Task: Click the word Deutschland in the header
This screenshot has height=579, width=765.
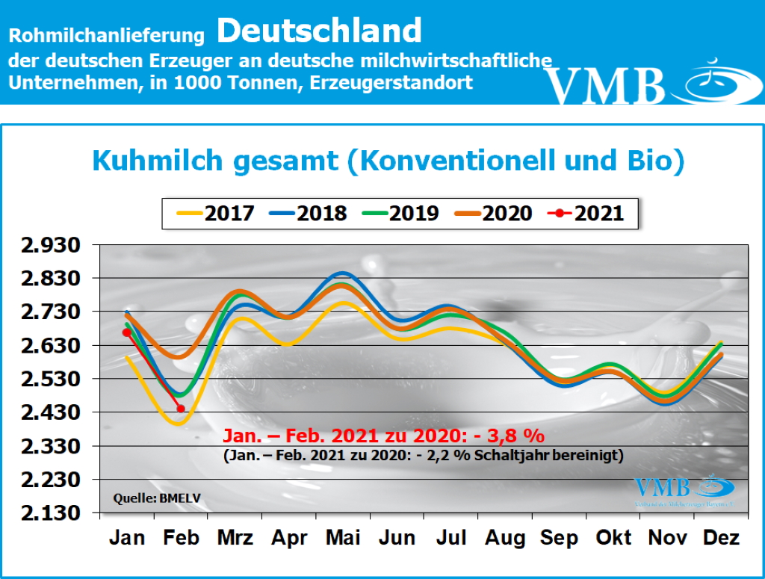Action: [320, 31]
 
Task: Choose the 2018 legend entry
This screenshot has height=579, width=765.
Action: [307, 213]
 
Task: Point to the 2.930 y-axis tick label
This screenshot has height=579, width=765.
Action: [53, 245]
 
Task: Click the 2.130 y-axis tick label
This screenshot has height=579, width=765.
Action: [53, 513]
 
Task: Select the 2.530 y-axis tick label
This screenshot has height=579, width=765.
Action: [53, 380]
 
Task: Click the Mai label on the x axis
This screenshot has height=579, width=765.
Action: [343, 538]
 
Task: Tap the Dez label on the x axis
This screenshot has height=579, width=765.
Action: [722, 538]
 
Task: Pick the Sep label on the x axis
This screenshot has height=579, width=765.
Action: [560, 538]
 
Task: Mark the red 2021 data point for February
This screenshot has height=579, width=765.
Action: [181, 409]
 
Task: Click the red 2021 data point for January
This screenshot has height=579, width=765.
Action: [126, 332]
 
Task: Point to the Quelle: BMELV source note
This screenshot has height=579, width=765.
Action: [148, 498]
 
